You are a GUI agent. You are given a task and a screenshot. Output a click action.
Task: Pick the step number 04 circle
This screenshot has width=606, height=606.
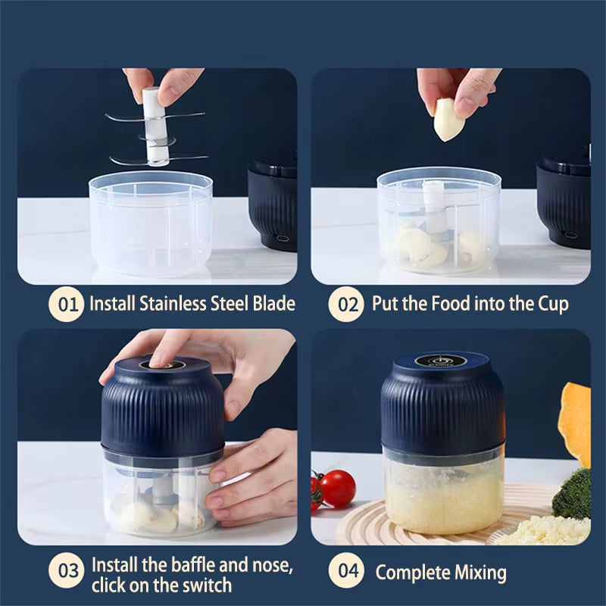click(x=348, y=570)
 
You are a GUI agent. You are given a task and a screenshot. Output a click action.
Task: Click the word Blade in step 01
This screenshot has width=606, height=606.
click(x=271, y=305)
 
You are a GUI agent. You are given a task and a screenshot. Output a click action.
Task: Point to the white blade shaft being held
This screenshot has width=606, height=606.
click(x=157, y=125)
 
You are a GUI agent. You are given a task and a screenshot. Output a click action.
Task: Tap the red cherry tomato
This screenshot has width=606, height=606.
click(x=337, y=489)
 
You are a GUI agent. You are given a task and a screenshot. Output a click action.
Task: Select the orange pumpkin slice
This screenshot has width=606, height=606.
click(x=576, y=424)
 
